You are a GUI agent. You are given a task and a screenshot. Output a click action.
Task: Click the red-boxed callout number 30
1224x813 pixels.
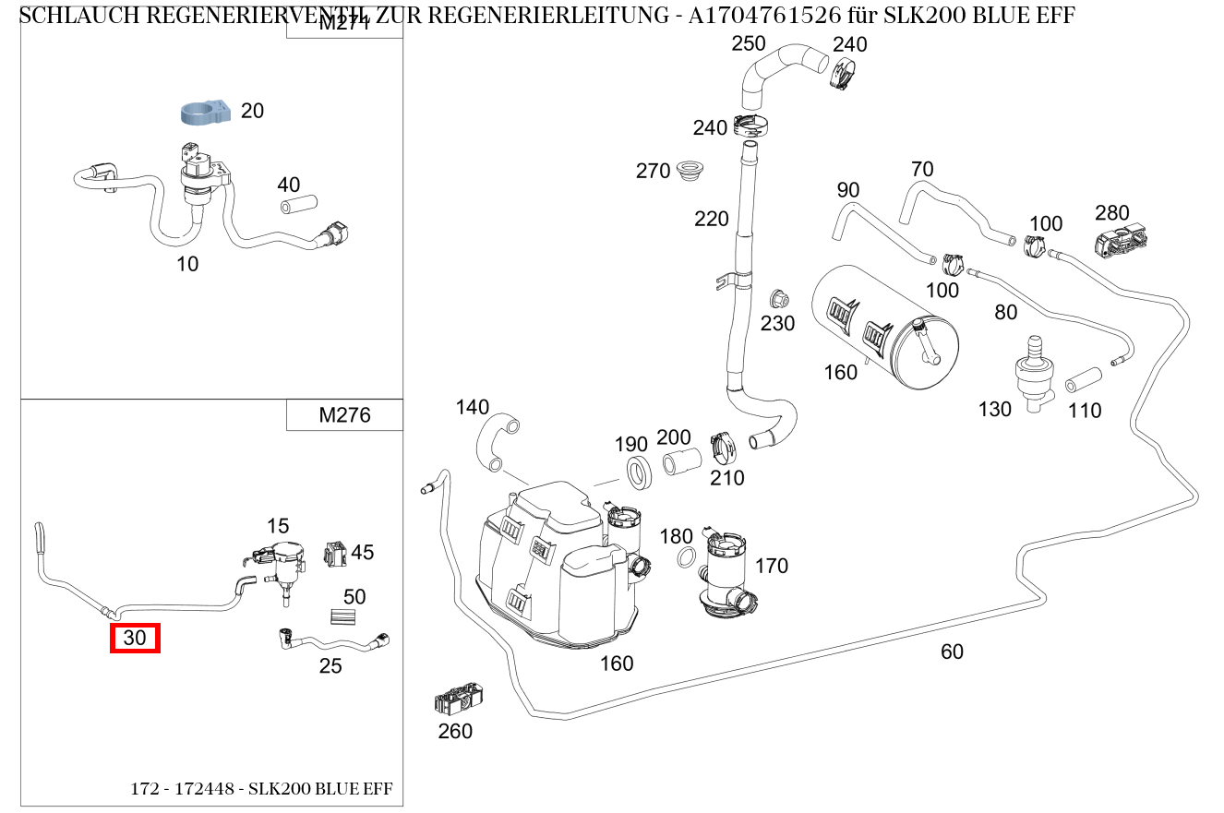pyautogui.click(x=135, y=638)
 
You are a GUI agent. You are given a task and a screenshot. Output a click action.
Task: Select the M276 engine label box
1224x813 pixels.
pyautogui.click(x=344, y=415)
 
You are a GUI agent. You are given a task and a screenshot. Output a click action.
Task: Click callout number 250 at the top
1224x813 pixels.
pyautogui.click(x=749, y=43)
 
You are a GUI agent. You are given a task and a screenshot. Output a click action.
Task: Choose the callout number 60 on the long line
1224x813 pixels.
pyautogui.click(x=952, y=652)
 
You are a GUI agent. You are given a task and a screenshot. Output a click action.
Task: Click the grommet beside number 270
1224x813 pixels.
pyautogui.click(x=687, y=171)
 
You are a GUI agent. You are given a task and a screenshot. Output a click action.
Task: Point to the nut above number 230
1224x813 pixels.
pyautogui.click(x=777, y=299)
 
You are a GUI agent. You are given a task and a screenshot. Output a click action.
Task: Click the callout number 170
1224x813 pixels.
pyautogui.click(x=772, y=565)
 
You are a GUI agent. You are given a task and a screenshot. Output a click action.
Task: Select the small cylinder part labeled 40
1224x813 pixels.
pyautogui.click(x=298, y=203)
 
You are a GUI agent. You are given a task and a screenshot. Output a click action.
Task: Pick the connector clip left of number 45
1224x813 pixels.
pyautogui.click(x=333, y=554)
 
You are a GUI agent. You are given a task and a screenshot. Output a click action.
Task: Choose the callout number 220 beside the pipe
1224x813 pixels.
pyautogui.click(x=712, y=219)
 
